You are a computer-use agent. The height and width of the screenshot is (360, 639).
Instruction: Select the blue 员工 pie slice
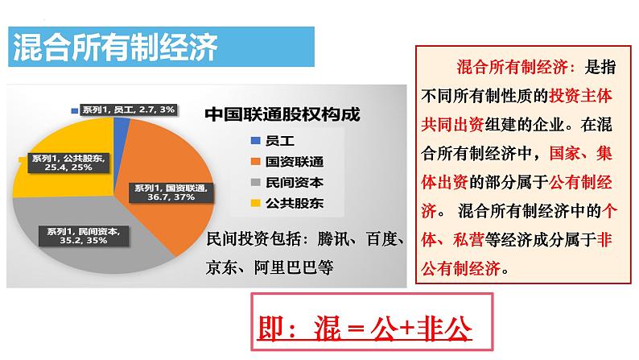[122, 126]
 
